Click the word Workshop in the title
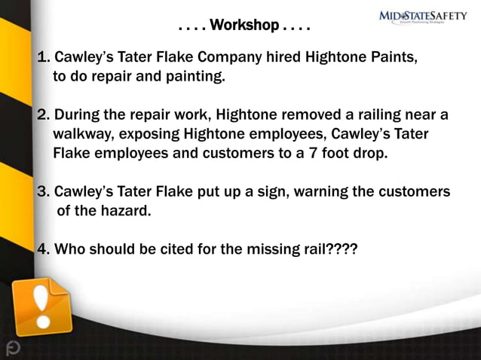coord(244,26)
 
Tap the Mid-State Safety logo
coord(422,17)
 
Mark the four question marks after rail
coord(342,249)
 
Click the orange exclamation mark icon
coord(41,305)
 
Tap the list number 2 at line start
coord(43,115)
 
